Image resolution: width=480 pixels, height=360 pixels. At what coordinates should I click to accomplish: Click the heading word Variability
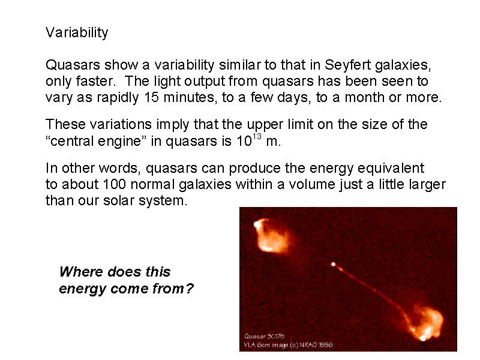[x=77, y=33]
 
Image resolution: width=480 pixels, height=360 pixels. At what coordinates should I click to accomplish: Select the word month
[x=365, y=97]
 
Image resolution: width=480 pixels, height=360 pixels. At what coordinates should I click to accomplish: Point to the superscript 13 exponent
[x=257, y=136]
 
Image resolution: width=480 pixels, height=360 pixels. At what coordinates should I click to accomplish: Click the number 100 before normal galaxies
[x=114, y=184]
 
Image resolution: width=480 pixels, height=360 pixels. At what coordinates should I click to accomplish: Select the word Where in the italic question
[x=81, y=272]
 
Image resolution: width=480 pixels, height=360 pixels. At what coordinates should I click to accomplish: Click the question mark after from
[x=189, y=289]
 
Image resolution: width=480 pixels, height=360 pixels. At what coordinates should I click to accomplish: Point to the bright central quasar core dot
[x=333, y=264]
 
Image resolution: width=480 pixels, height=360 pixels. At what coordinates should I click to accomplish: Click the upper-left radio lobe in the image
[x=271, y=236]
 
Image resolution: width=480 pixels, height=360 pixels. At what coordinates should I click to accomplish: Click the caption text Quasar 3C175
[x=264, y=336]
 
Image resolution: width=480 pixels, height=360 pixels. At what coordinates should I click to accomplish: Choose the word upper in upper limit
[x=265, y=125]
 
